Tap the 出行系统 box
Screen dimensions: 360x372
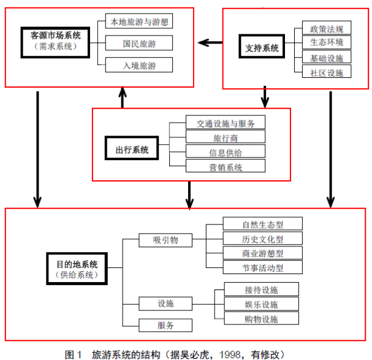point(127,150)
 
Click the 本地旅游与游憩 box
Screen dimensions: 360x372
point(139,22)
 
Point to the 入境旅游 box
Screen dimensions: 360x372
point(139,64)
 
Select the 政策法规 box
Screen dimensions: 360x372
point(327,29)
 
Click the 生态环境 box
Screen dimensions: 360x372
point(327,42)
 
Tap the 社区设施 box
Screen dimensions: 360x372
point(327,72)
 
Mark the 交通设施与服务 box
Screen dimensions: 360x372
point(226,123)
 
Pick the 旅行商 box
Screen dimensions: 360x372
point(226,137)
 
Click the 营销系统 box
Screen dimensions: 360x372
point(226,166)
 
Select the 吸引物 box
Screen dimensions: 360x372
point(165,240)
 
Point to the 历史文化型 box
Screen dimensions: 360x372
point(262,239)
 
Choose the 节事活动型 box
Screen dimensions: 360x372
point(262,267)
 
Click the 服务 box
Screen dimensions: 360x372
point(165,325)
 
